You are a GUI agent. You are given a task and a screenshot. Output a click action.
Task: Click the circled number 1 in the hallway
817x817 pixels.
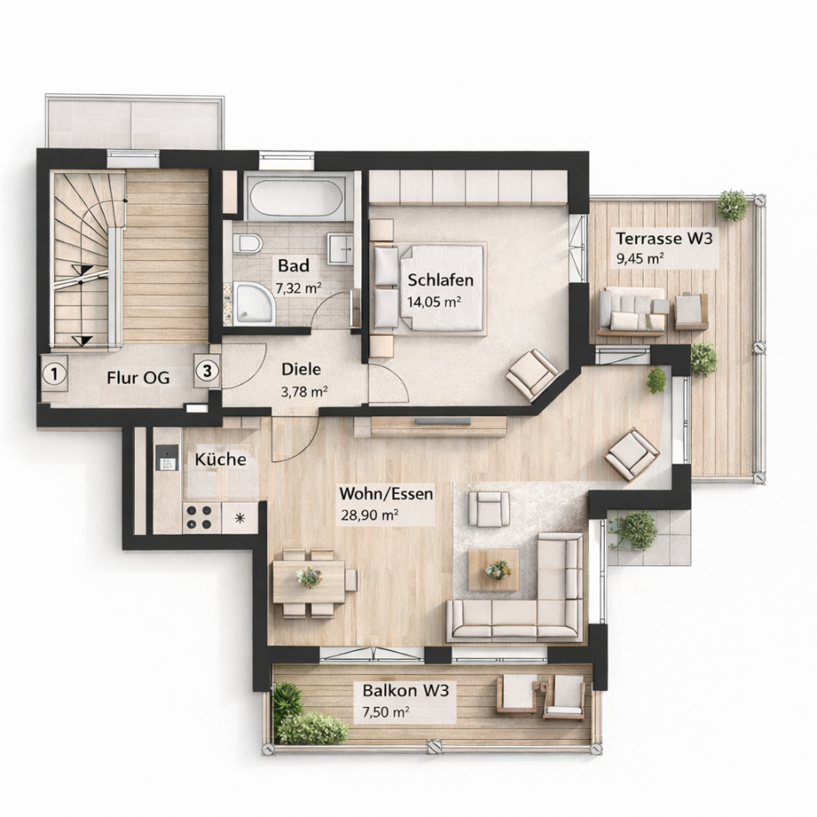click(55, 373)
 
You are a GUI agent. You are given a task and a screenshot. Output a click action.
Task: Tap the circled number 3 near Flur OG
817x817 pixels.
click(206, 371)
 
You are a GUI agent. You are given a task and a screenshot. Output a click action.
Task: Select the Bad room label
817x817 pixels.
click(293, 266)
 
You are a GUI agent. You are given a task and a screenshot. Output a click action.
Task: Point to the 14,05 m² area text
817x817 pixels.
click(433, 301)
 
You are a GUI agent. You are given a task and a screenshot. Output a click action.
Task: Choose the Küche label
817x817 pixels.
click(220, 459)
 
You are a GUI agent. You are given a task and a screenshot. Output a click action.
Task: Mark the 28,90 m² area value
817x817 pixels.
click(369, 515)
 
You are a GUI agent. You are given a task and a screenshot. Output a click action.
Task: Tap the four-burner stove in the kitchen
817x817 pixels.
click(201, 516)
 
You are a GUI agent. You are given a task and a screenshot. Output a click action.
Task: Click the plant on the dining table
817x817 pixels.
click(309, 578)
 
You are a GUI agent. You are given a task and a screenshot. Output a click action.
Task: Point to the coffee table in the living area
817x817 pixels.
click(494, 569)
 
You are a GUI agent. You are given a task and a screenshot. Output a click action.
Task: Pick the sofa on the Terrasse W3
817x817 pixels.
click(631, 311)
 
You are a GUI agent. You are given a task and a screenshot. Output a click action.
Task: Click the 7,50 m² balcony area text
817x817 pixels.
click(385, 712)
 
